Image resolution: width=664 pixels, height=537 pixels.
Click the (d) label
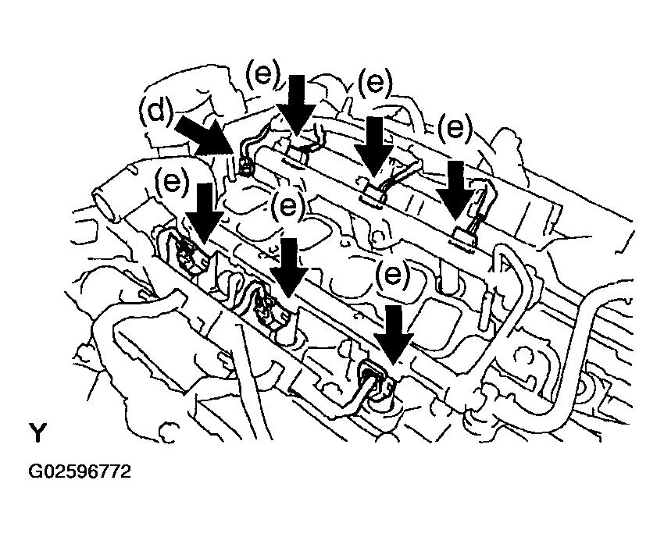coord(159,112)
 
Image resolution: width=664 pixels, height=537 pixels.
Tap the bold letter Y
coord(37,432)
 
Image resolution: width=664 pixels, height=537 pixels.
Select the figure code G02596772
coord(80,472)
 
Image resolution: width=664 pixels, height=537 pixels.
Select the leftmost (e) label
coord(173,181)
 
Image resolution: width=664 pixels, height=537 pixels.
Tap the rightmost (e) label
coord(455,126)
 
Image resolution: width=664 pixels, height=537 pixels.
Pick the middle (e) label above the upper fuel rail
coord(376,82)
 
